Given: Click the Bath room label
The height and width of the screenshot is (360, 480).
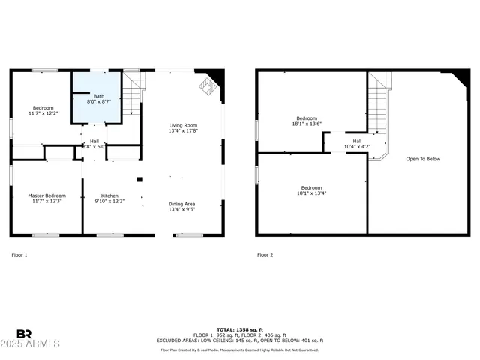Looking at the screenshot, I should (99, 96).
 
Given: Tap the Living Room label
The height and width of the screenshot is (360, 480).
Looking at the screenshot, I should (183, 125).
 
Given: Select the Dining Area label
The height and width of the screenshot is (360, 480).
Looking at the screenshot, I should (183, 204).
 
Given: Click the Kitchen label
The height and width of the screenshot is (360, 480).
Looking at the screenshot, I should (109, 195).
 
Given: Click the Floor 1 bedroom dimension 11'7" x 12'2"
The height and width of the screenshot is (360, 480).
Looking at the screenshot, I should (42, 114).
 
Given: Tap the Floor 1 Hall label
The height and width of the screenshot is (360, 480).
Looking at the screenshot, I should (94, 141).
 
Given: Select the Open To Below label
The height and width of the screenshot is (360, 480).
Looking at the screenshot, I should (423, 159).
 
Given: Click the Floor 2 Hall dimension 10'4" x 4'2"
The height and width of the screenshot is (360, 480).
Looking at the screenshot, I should (357, 147).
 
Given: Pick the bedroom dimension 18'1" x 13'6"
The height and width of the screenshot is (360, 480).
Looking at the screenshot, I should (307, 124).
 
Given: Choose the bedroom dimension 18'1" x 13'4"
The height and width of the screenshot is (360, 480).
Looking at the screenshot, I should (311, 193).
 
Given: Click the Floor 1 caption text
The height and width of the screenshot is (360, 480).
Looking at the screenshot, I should (19, 255).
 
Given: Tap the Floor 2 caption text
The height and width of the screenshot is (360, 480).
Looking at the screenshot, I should (265, 255).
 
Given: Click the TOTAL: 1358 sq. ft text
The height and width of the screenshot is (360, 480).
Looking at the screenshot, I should (240, 329).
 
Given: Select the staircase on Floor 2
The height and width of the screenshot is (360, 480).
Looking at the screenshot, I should (379, 112).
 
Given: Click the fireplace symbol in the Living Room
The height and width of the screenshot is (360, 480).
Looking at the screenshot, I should (205, 88).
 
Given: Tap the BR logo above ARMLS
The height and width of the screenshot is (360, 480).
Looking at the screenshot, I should (25, 334).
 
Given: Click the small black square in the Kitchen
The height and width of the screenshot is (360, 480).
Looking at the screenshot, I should (139, 178).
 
